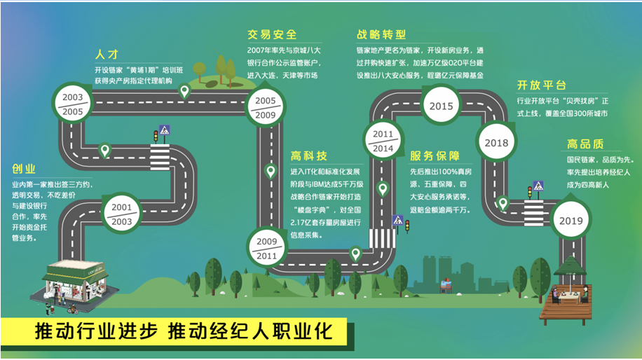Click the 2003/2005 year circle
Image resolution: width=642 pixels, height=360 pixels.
pyautogui.click(x=72, y=104)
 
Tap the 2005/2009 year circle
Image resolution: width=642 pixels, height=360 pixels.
pyautogui.click(x=265, y=106)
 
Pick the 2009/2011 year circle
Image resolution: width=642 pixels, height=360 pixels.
pyautogui.click(x=266, y=249)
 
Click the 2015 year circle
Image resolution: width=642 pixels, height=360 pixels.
pyautogui.click(x=442, y=106)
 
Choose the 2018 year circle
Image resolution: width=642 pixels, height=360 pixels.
pyautogui.click(x=496, y=143)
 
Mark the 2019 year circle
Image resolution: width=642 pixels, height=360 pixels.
pyautogui.click(x=571, y=221)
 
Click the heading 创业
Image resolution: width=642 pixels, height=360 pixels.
pyautogui.click(x=24, y=169)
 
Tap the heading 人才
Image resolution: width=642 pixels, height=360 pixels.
pyautogui.click(x=108, y=54)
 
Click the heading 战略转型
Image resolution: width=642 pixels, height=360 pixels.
pyautogui.click(x=381, y=34)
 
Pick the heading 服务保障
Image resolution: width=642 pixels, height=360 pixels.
pyautogui.click(x=435, y=155)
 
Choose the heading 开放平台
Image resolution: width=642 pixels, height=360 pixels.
pyautogui.click(x=541, y=85)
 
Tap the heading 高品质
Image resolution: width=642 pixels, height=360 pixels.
pyautogui.click(x=585, y=144)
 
